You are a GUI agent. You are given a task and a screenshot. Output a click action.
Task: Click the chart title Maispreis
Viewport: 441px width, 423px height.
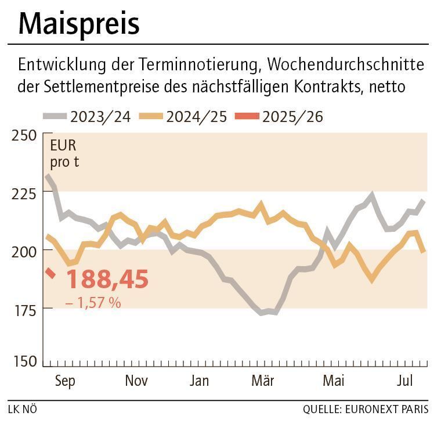coord(79,24)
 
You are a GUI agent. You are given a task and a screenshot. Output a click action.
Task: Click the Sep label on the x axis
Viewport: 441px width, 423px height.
coord(66,381)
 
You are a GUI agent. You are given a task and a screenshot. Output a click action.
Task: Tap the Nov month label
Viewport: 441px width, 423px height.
coord(136,381)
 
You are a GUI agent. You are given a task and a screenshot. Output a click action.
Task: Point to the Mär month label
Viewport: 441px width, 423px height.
coord(263,381)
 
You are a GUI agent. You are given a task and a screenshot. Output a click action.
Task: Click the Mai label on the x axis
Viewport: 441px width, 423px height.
coord(333,381)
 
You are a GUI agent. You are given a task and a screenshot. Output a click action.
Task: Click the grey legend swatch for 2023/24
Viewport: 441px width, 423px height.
coord(55,117)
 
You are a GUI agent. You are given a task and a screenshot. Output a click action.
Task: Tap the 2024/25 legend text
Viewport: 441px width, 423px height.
coord(196,117)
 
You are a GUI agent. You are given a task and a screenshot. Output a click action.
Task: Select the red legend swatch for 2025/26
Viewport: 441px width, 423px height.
coord(246,117)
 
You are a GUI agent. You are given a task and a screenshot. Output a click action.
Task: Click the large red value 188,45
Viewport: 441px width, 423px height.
coord(107,279)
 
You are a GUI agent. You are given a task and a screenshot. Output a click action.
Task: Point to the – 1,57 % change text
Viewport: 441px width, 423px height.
coord(93,303)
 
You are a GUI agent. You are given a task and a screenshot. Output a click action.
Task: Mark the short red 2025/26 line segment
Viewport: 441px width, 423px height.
coord(50,273)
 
